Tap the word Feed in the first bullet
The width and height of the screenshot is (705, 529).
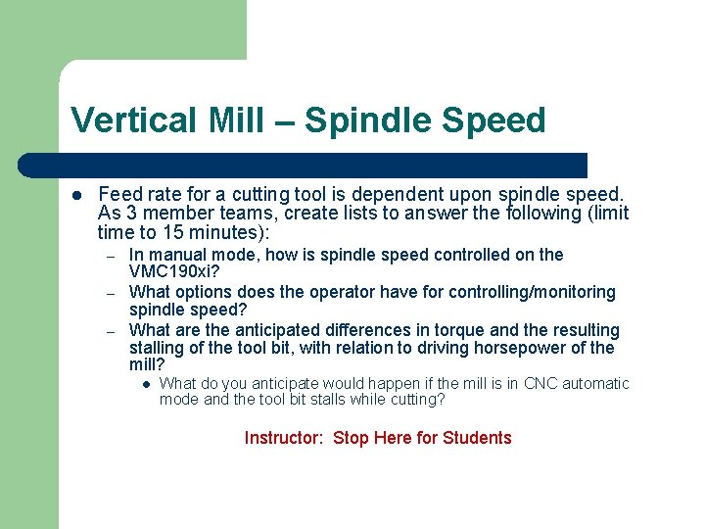[x=118, y=196]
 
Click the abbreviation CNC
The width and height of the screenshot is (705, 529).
[x=543, y=383]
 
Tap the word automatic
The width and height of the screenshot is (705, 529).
[x=597, y=383]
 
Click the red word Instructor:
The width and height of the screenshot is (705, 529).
[x=283, y=438]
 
